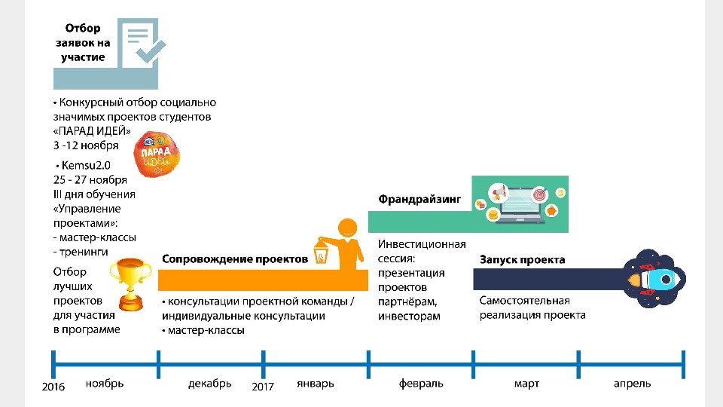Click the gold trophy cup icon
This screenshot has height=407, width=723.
coord(131,283)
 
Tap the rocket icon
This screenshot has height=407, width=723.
coord(652,279)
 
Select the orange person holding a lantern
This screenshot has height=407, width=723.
coord(340,245)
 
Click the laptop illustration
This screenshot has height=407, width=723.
coord(520,203)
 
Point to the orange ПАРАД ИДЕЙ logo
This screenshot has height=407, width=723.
coord(156,154)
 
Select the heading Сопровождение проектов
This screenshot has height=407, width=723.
coord(235,259)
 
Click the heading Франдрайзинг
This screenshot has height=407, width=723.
coord(419,200)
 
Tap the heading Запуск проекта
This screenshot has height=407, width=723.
coord(522,259)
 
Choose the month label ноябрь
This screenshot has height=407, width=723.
coord(105,384)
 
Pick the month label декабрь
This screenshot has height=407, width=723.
coord(210,384)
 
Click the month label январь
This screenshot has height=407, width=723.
coord(315,384)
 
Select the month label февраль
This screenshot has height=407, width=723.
coord(421,384)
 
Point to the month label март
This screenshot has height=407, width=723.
coord(526,384)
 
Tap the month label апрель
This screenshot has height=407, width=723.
coord(632,384)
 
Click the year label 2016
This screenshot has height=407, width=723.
coord(53,387)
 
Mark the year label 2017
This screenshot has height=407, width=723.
coord(263,387)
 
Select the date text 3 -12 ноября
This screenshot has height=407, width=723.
coord(86,145)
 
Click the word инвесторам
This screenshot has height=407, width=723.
coord(409,316)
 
